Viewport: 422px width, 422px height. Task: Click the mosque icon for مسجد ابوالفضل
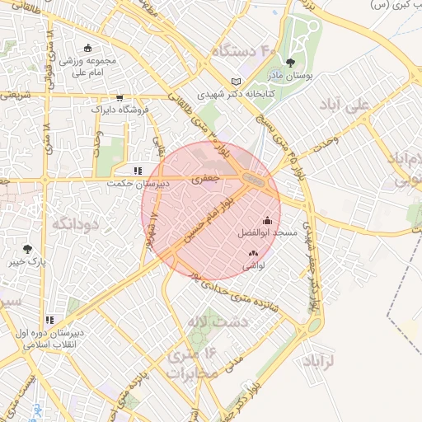pyautogui.click(x=267, y=221)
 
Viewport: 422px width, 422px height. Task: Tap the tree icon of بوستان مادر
pyautogui.click(x=290, y=61)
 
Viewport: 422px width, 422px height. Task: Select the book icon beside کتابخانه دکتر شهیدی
pyautogui.click(x=237, y=82)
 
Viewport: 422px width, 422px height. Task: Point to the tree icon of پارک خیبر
pyautogui.click(x=28, y=248)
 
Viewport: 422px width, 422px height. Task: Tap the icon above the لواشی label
pyautogui.click(x=252, y=254)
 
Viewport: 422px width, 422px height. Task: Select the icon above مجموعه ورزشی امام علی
pyautogui.click(x=88, y=47)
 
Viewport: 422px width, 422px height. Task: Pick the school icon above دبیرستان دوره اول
pyautogui.click(x=49, y=320)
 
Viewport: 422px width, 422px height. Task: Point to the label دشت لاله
pyautogui.click(x=204, y=321)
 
